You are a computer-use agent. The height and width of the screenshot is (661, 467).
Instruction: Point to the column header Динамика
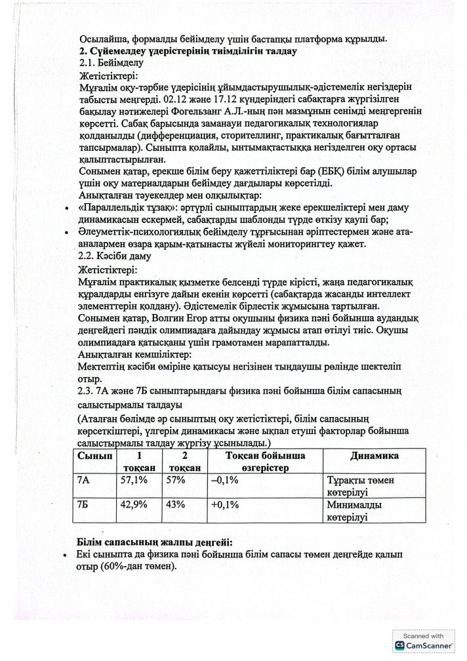(375, 456)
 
